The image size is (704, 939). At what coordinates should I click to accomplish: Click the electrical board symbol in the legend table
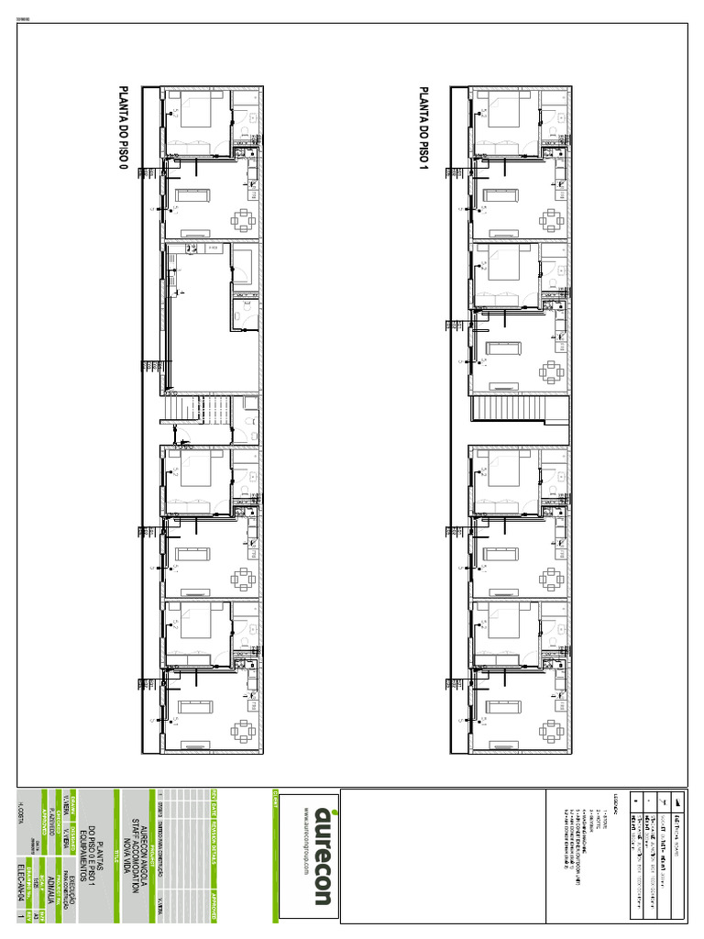(x=678, y=799)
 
